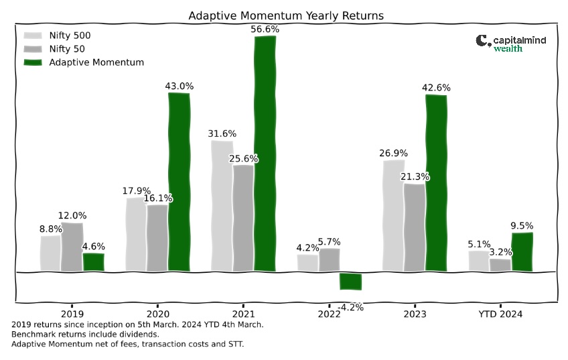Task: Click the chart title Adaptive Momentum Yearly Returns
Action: [286, 16]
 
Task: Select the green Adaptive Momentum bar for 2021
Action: [265, 154]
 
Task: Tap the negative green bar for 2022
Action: [351, 282]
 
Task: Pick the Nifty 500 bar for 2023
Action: [393, 215]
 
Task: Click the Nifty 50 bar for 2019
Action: [72, 247]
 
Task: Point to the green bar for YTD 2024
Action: [522, 252]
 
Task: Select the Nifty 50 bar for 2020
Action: [157, 238]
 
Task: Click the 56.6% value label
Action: [265, 29]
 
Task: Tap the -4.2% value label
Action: [351, 308]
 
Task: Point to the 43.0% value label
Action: [180, 86]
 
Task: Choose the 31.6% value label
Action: [222, 133]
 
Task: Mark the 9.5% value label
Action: [522, 225]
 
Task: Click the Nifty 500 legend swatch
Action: [33, 36]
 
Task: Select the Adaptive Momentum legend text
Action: [96, 62]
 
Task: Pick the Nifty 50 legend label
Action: [67, 49]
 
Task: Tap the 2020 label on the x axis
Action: [157, 314]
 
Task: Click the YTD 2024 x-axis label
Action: [500, 314]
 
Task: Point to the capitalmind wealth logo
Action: [511, 44]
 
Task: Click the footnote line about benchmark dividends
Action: [85, 335]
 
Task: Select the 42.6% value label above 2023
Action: [436, 88]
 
